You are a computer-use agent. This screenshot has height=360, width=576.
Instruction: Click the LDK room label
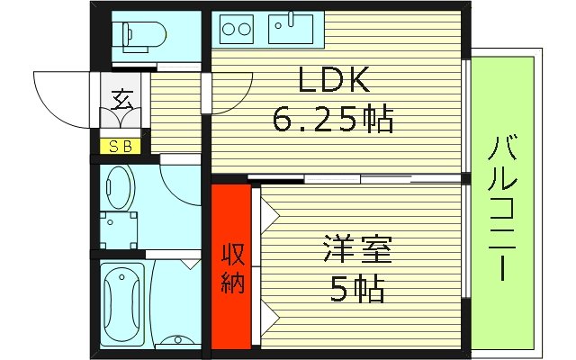[x=334, y=83]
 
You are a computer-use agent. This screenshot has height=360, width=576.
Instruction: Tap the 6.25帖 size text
[x=334, y=117]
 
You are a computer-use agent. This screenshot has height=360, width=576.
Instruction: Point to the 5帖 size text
[x=357, y=288]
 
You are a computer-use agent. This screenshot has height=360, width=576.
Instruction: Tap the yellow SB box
[x=120, y=146]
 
